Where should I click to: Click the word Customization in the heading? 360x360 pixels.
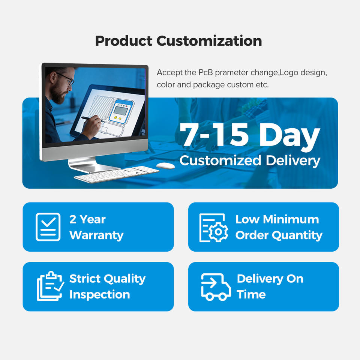click(209, 41)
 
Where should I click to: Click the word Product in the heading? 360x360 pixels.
click(124, 41)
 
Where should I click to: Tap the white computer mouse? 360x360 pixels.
click(165, 166)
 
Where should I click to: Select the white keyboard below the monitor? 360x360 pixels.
click(117, 174)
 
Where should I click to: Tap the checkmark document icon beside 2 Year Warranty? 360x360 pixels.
click(48, 227)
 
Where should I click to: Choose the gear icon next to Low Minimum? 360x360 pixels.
click(219, 232)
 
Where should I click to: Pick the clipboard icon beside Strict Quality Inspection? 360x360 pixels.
click(50, 286)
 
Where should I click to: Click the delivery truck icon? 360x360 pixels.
click(216, 287)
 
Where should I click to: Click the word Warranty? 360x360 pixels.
click(96, 235)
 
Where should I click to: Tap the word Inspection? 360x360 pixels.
click(100, 295)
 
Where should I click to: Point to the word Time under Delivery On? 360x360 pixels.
click(251, 294)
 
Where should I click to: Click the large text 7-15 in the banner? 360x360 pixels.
click(214, 135)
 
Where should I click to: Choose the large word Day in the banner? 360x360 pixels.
click(289, 136)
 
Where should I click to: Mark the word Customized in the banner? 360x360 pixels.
click(220, 160)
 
